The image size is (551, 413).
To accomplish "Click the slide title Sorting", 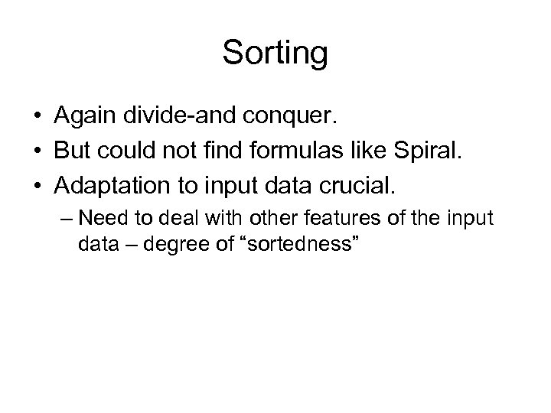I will [x=275, y=54].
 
